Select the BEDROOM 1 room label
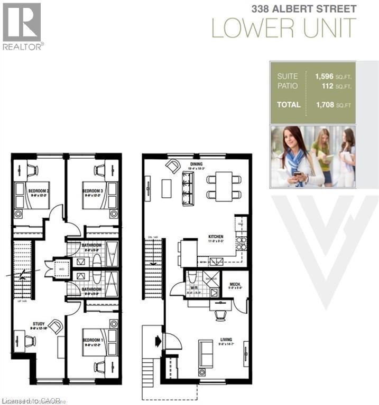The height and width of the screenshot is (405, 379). click(92, 340)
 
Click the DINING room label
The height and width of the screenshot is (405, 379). click(196, 164)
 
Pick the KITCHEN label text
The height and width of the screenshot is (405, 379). click(215, 237)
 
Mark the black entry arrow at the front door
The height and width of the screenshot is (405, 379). click(157, 341)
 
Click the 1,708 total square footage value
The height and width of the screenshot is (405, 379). click(326, 104)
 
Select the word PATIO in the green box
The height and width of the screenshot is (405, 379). click(287, 86)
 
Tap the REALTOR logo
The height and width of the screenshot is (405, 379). click(22, 25)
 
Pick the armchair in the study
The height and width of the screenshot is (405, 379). click(54, 326)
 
